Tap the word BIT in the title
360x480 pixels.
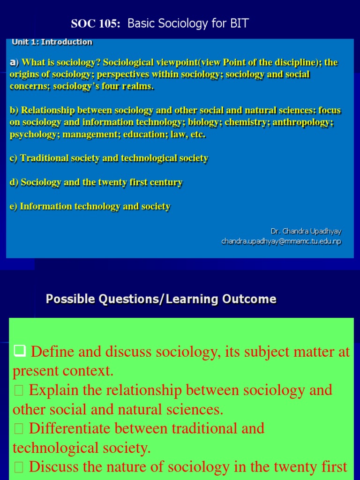pyautogui.click(x=239, y=23)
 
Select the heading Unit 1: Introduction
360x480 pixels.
pyautogui.click(x=52, y=42)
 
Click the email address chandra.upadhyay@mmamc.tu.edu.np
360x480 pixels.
pyautogui.click(x=281, y=241)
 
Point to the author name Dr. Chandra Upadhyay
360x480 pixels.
pyautogui.click(x=306, y=231)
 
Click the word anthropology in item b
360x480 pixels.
pyautogui.click(x=306, y=123)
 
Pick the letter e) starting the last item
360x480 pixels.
pyautogui.click(x=14, y=207)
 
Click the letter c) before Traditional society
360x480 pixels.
pyautogui.click(x=14, y=158)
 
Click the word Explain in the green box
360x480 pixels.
pyautogui.click(x=59, y=390)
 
